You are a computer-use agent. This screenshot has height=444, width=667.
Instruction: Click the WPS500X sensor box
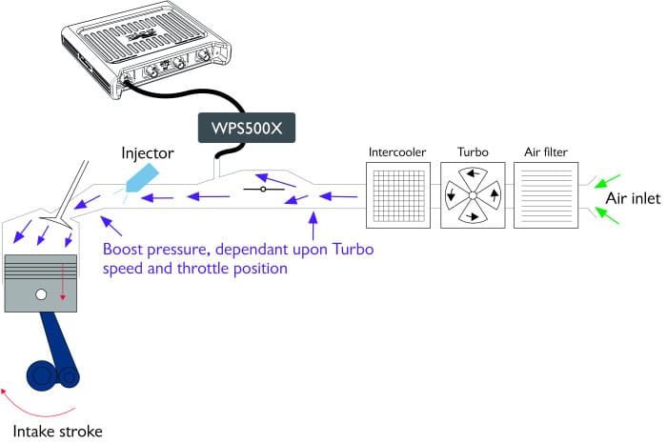coord(247,128)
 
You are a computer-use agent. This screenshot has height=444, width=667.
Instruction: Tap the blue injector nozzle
coord(142,177)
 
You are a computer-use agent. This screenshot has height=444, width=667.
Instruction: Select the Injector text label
coord(148,153)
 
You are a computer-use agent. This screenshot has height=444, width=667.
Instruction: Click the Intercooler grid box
coord(398,195)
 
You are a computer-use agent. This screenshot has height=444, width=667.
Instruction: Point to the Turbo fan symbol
coord(473,195)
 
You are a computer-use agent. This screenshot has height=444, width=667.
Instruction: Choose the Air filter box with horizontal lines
coord(546,195)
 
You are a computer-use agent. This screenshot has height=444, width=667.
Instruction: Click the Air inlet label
coord(633,198)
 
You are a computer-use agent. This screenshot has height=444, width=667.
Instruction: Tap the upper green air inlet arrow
coord(608,181)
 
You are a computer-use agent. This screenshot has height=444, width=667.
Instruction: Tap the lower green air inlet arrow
coord(607,215)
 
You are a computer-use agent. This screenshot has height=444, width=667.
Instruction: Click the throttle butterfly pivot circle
coord(263,190)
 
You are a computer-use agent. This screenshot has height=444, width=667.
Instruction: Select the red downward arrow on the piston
coord(63,281)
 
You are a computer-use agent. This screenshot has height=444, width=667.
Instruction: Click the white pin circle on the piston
coord(41,293)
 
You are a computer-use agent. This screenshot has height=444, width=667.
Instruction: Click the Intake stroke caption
coord(57,432)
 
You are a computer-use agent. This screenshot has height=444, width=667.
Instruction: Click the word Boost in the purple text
coord(122,250)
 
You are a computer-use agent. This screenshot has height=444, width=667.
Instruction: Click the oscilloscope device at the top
coord(146,49)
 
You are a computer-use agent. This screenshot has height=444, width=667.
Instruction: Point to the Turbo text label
coord(473,151)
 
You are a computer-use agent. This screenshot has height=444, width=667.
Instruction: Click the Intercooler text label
coord(397,151)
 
